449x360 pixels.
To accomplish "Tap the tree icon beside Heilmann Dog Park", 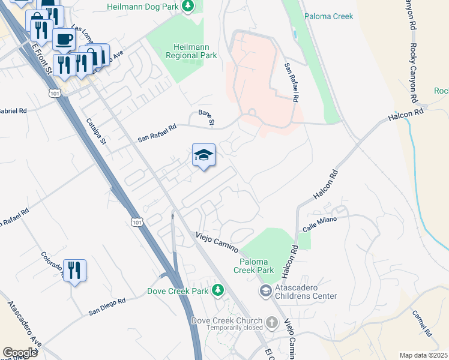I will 188,6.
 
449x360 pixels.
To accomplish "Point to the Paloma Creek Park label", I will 257,266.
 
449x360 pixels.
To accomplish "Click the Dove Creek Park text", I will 178,292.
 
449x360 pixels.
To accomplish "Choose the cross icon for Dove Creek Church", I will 271,323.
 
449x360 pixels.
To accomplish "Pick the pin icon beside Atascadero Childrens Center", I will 265,290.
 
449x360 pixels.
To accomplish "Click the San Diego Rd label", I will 107,306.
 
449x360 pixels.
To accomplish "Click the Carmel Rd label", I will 422,323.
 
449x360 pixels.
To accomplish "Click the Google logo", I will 20,353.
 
